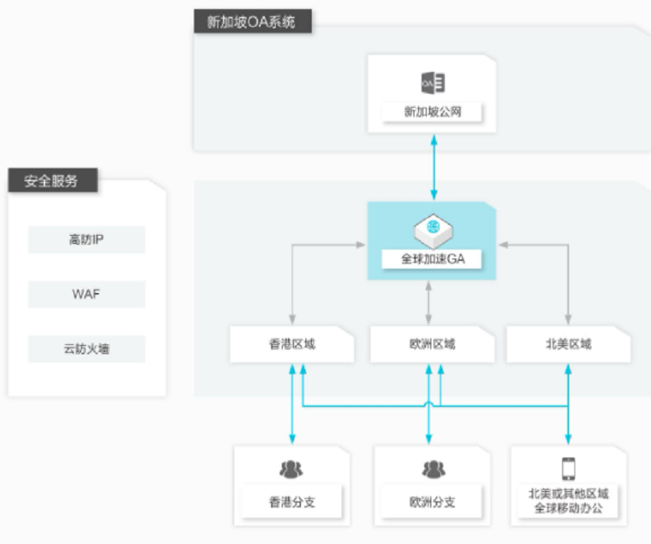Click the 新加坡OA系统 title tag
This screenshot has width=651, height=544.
[253, 21]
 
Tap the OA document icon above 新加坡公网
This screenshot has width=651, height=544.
[433, 83]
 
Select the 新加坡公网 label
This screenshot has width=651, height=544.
[432, 112]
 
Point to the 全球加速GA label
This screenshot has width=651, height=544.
[432, 259]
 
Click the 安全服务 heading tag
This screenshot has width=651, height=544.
[53, 181]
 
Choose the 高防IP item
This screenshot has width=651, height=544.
[87, 239]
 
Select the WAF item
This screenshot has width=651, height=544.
[87, 294]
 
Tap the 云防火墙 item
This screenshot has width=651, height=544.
[87, 349]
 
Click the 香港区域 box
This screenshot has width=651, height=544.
[293, 344]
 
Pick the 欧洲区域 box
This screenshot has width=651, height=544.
[432, 344]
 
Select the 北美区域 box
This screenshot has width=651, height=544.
[568, 344]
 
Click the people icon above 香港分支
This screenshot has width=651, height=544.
[291, 469]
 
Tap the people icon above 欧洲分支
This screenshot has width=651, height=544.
[433, 469]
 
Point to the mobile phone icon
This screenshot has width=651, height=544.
[568, 468]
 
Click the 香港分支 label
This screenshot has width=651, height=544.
[292, 502]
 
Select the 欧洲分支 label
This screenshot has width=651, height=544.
[432, 502]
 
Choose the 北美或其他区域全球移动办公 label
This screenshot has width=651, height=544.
[568, 501]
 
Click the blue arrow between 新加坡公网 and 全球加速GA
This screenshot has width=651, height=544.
[433, 167]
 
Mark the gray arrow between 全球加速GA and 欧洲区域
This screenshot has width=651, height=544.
[428, 303]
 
